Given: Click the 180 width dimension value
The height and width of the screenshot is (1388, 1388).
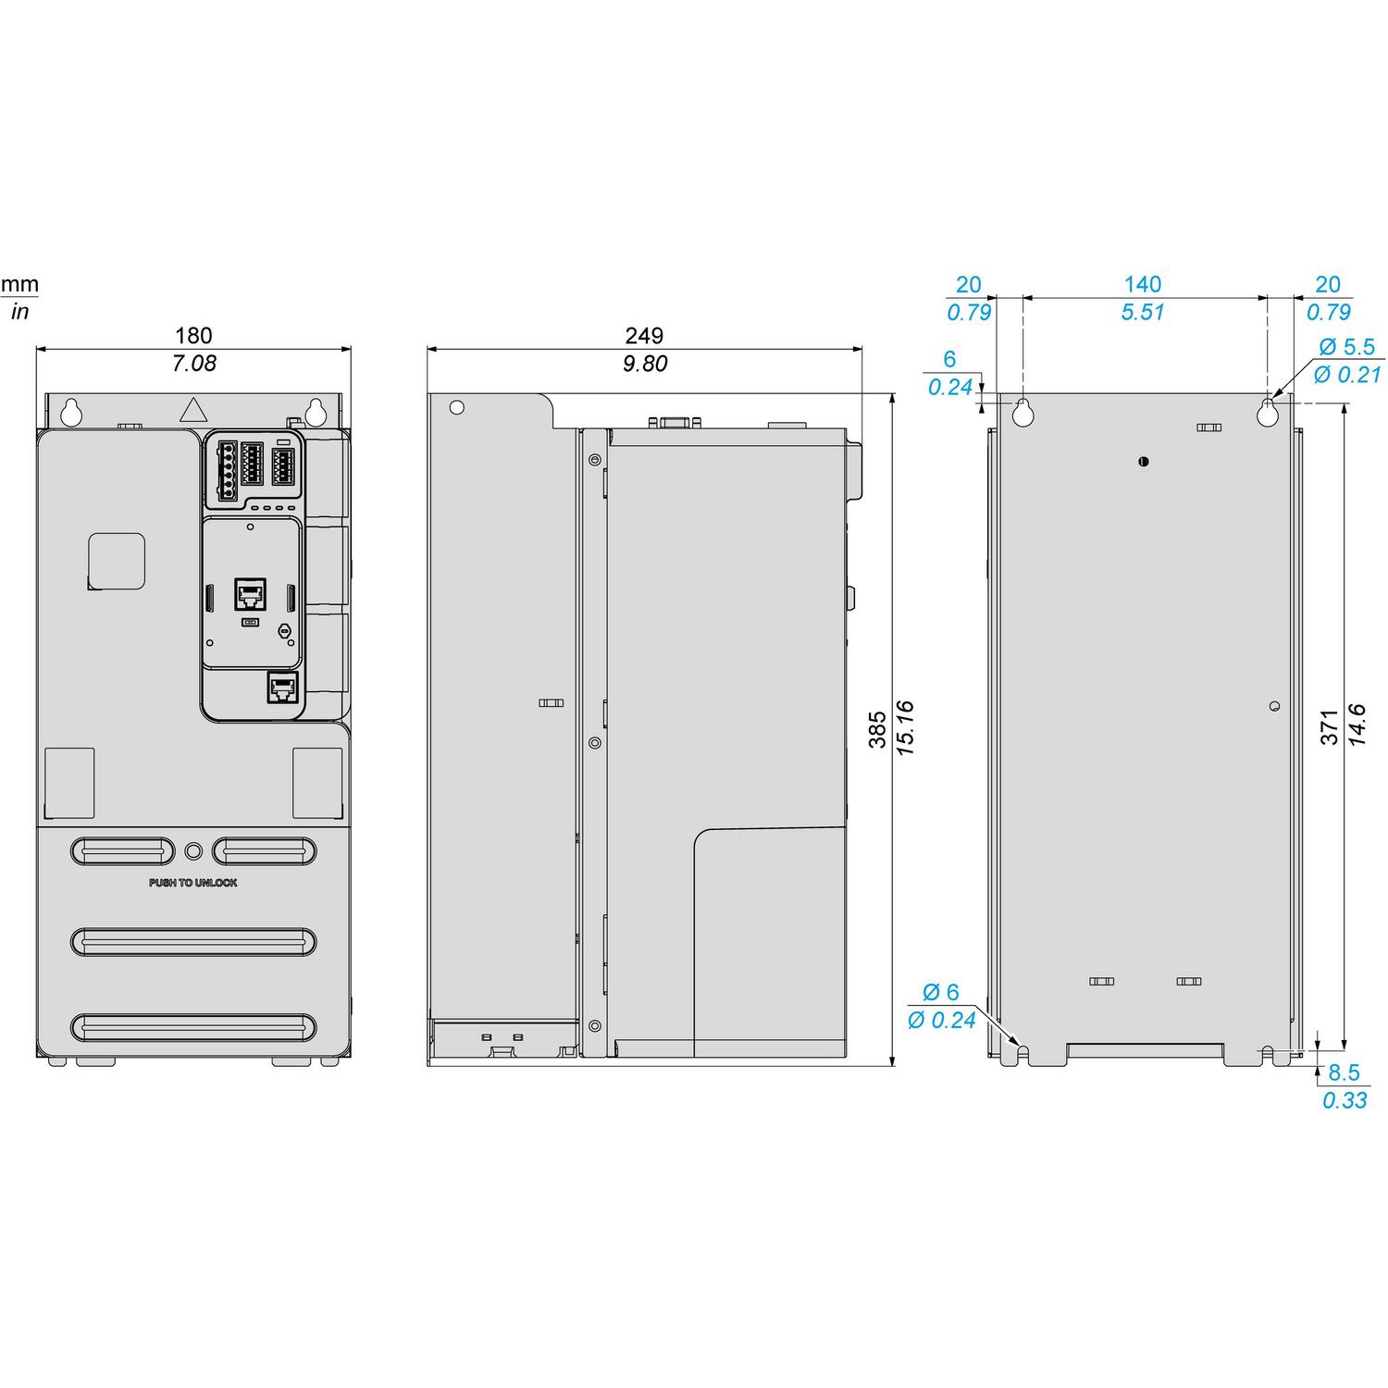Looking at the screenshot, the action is pyautogui.click(x=193, y=335).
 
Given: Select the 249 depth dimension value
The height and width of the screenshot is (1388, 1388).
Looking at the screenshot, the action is pyautogui.click(x=644, y=335).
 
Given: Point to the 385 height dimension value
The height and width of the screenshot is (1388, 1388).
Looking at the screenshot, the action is pyautogui.click(x=877, y=729).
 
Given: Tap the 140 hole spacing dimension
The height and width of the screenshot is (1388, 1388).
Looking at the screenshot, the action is pyautogui.click(x=1143, y=284).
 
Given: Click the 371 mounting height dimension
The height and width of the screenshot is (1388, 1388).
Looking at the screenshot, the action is pyautogui.click(x=1330, y=727).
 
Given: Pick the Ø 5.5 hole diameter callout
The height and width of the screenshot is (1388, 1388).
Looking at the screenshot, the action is pyautogui.click(x=1347, y=346).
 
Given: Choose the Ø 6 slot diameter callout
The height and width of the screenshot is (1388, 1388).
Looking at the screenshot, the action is pyautogui.click(x=941, y=992).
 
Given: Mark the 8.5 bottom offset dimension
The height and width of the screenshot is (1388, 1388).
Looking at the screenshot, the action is pyautogui.click(x=1344, y=1072).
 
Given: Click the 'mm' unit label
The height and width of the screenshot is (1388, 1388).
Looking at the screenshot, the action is pyautogui.click(x=19, y=284).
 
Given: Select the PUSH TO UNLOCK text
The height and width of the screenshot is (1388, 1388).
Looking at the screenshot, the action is pyautogui.click(x=193, y=883).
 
